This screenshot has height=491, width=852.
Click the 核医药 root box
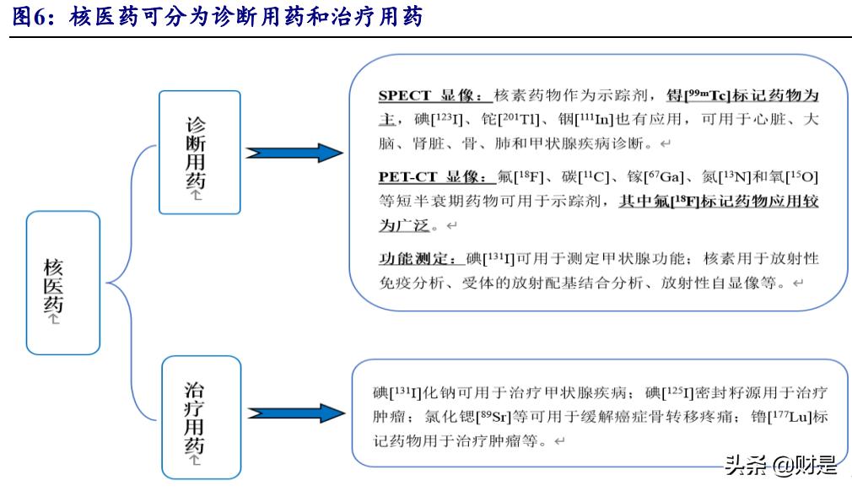[x=63, y=282]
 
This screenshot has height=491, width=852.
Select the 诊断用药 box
[x=200, y=152]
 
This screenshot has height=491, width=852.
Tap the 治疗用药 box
[x=200, y=413]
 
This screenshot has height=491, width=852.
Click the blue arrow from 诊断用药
[x=294, y=153]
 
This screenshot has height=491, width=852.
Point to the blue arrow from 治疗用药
[x=294, y=413]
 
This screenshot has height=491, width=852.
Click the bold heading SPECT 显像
[x=431, y=95]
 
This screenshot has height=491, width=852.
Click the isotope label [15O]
[x=801, y=177]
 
